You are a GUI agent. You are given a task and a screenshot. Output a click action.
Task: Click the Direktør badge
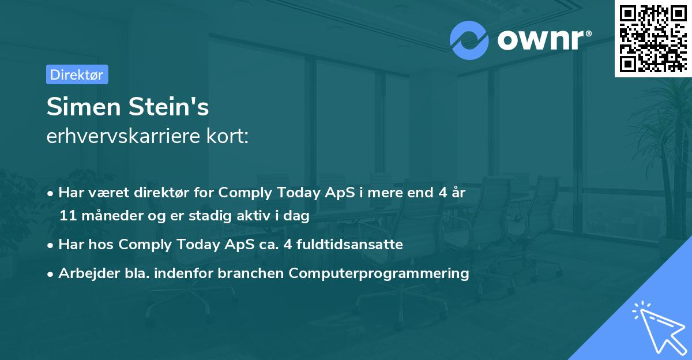[x=77, y=74]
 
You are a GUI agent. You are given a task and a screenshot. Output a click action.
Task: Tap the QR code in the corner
[x=653, y=38]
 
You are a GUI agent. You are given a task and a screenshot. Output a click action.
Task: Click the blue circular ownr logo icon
[x=469, y=40]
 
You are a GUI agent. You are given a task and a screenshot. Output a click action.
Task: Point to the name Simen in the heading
[x=84, y=107]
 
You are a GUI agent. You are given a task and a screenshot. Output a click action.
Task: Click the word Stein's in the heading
[x=168, y=107]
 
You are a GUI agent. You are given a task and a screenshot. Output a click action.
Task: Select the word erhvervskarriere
[x=123, y=136]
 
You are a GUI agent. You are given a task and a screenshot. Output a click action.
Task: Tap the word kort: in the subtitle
[x=227, y=136]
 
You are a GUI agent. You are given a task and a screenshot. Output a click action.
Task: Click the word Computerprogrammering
[x=379, y=273]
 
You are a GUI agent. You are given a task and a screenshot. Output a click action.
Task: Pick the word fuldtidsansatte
[x=349, y=245]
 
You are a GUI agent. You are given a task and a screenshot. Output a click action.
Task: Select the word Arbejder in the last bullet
[x=89, y=273]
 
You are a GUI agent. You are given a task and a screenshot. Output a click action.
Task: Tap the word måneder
[x=112, y=215]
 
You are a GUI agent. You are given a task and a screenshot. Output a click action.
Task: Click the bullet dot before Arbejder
[x=50, y=274]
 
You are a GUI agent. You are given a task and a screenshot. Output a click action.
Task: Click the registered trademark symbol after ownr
[x=588, y=33]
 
